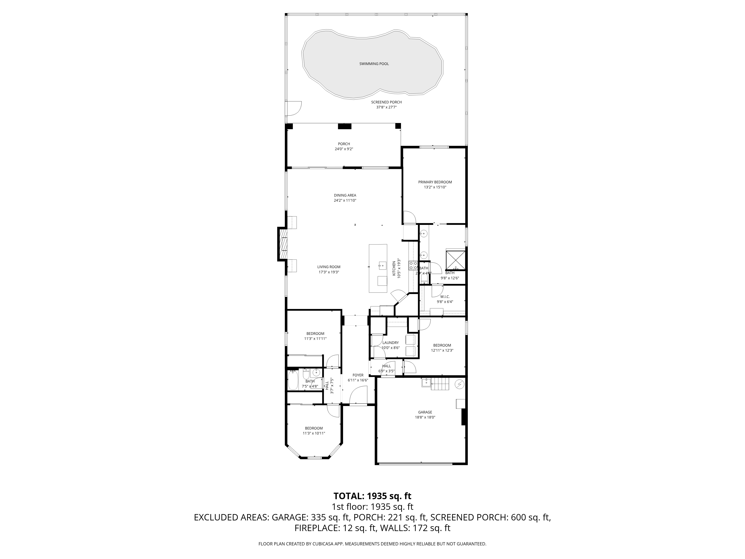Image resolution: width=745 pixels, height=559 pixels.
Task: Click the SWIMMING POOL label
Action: coord(374,64)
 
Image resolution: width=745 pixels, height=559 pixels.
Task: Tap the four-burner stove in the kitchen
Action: coord(413,266)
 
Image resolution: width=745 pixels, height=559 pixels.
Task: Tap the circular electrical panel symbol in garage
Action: coord(459,384)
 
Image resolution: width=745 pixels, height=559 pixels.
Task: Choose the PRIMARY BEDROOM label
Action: coord(435,182)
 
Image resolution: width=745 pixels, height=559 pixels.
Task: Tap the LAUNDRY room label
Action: coord(390,343)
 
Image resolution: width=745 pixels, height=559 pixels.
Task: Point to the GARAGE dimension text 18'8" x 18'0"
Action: coord(425,417)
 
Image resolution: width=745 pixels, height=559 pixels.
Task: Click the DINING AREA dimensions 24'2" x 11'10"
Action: coord(345,200)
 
